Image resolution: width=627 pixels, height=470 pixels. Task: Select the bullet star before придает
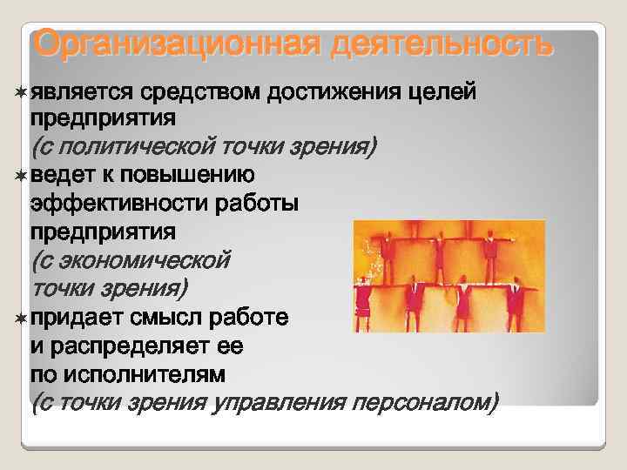click(20, 318)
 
